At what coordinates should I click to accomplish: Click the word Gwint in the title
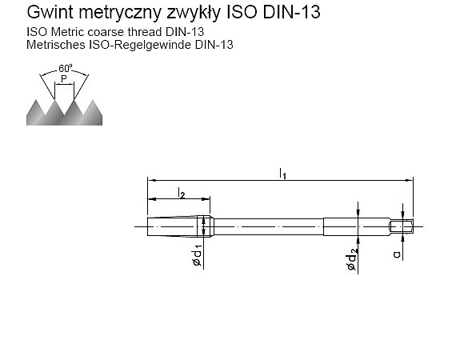tap(50, 12)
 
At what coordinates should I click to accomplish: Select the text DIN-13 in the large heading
tap(291, 12)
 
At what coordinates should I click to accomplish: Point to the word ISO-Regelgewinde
tap(140, 45)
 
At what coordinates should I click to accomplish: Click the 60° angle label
tap(66, 68)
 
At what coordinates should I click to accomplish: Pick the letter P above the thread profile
tap(64, 79)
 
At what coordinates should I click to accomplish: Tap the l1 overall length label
tap(282, 174)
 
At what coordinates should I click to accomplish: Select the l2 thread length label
tap(181, 193)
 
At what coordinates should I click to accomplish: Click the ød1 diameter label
tap(198, 256)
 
